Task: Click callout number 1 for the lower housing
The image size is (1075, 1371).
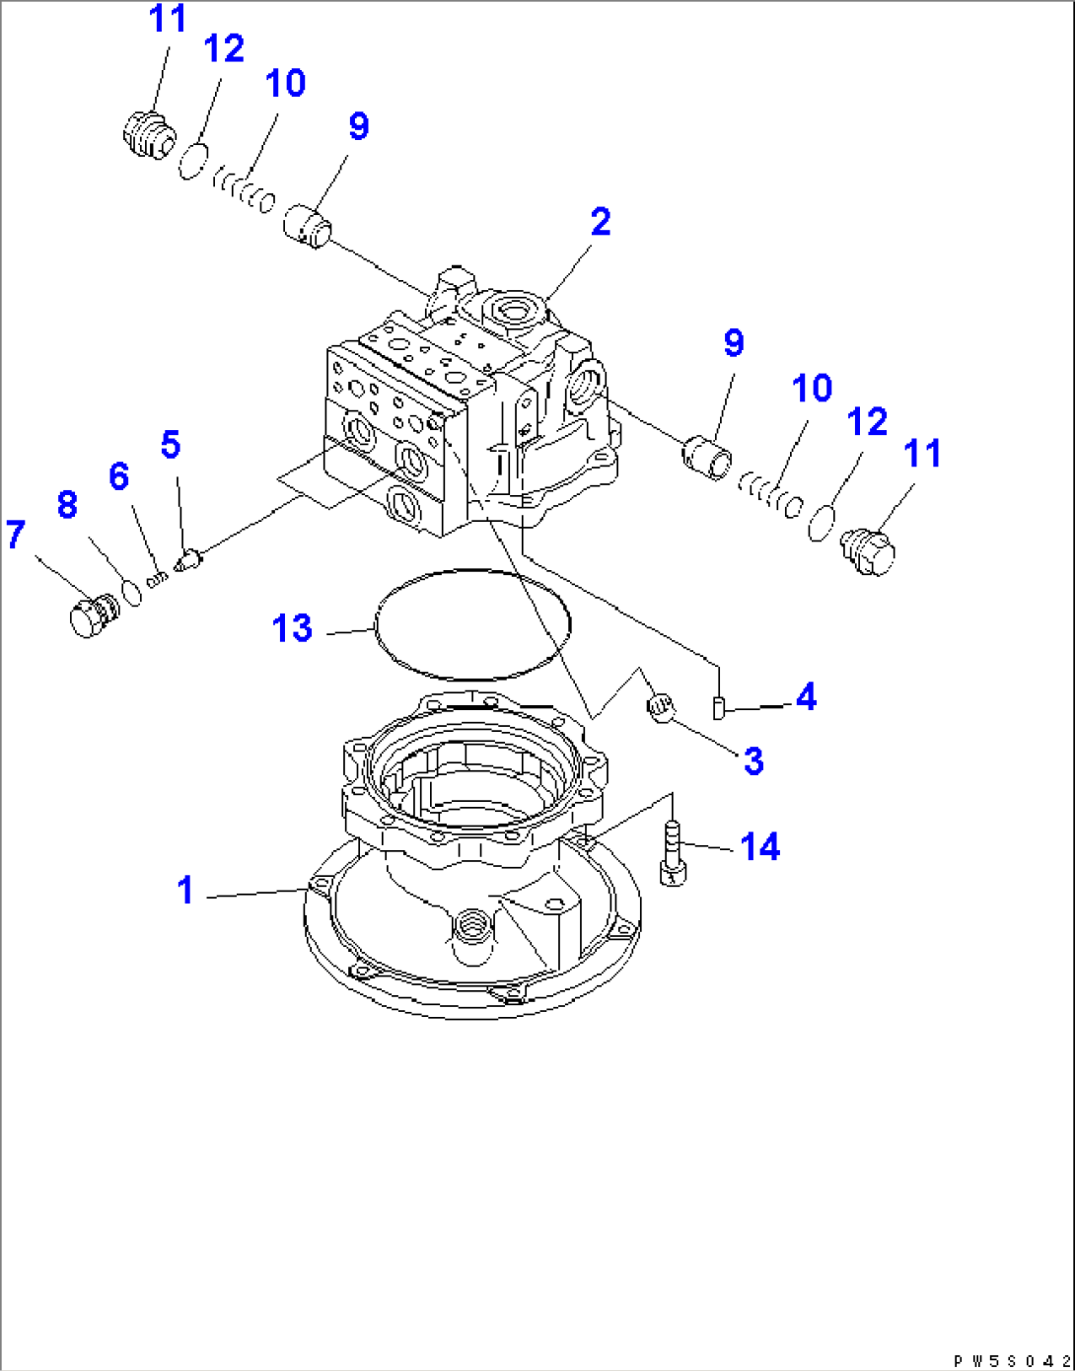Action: (184, 890)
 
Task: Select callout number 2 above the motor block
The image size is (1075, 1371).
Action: (601, 222)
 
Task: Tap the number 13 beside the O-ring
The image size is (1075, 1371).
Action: (292, 628)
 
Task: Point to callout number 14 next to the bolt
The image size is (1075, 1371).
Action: (759, 847)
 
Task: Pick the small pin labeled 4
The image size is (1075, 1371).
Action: (719, 706)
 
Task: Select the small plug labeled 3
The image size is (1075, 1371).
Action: (660, 706)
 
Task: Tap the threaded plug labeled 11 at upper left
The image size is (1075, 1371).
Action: (148, 133)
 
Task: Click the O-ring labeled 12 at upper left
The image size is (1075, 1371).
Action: (193, 161)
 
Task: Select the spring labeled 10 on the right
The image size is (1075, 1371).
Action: (771, 494)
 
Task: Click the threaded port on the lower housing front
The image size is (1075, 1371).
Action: (468, 930)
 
